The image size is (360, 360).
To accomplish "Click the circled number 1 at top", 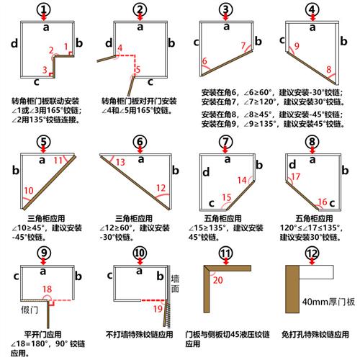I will coord(45,9).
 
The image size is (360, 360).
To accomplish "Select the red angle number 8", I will coord(329,70).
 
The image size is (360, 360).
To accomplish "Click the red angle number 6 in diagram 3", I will coord(205,62).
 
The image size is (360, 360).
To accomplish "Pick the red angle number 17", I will coord(294,176).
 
